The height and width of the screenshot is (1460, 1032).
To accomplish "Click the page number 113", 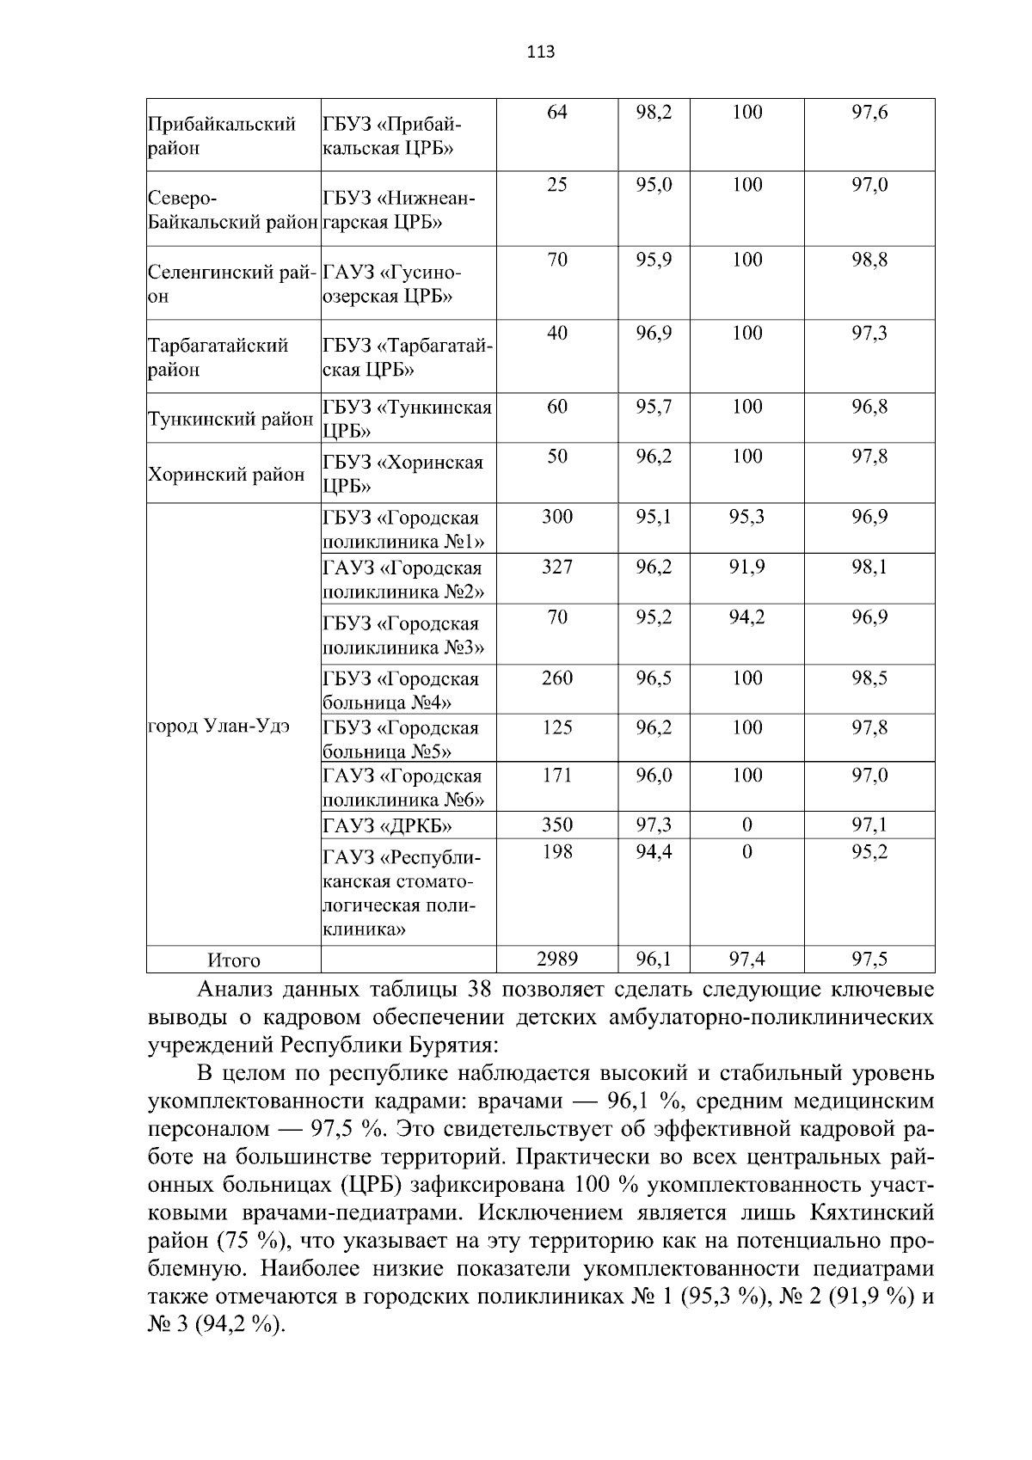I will pyautogui.click(x=541, y=52).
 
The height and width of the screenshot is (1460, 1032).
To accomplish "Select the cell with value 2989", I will pyautogui.click(x=556, y=958).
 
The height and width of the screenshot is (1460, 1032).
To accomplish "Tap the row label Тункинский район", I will pyautogui.click(x=230, y=420).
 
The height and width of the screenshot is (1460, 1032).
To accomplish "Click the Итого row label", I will pyautogui.click(x=233, y=960).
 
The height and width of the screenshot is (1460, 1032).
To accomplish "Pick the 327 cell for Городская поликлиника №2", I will pyautogui.click(x=556, y=567).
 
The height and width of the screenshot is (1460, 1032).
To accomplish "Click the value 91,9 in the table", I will pyautogui.click(x=746, y=567).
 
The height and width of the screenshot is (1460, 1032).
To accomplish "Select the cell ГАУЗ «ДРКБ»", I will pyautogui.click(x=388, y=826).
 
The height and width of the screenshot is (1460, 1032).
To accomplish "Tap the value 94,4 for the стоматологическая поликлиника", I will pyautogui.click(x=654, y=851).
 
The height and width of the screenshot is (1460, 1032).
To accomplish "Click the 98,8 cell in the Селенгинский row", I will pyautogui.click(x=869, y=260).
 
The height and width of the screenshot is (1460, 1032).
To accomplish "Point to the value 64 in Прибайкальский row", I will pyautogui.click(x=556, y=112).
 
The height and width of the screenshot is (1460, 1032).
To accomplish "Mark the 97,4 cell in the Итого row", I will pyautogui.click(x=746, y=958).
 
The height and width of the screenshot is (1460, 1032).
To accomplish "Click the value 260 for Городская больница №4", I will pyautogui.click(x=556, y=678).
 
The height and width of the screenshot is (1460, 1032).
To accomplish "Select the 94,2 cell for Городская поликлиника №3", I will pyautogui.click(x=746, y=617).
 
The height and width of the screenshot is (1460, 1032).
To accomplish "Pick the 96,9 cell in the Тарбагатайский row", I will pyautogui.click(x=654, y=333).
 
